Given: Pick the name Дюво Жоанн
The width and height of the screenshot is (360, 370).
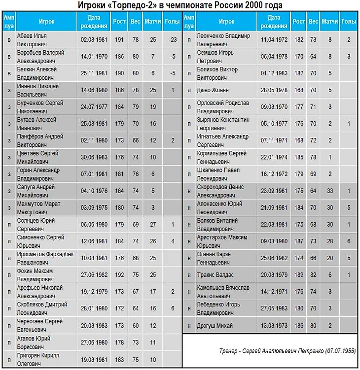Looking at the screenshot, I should pyautogui.click(x=213, y=90).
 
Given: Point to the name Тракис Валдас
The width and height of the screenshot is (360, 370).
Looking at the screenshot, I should pyautogui.click(x=215, y=274).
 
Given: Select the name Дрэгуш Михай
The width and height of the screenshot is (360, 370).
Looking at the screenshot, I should pyautogui.click(x=215, y=326).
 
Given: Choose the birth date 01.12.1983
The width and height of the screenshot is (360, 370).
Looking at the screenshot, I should pyautogui.click(x=274, y=73).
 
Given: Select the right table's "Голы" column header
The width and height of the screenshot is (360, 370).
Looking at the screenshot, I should pyautogui.click(x=349, y=22).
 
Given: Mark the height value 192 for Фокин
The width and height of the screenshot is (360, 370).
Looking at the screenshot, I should pyautogui.click(x=119, y=274).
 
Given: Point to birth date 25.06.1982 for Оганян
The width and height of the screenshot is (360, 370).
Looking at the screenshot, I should pyautogui.click(x=274, y=258).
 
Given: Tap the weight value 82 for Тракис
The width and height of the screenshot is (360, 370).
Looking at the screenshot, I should pyautogui.click(x=313, y=274).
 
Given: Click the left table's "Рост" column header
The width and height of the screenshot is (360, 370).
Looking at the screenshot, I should pyautogui.click(x=119, y=22).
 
